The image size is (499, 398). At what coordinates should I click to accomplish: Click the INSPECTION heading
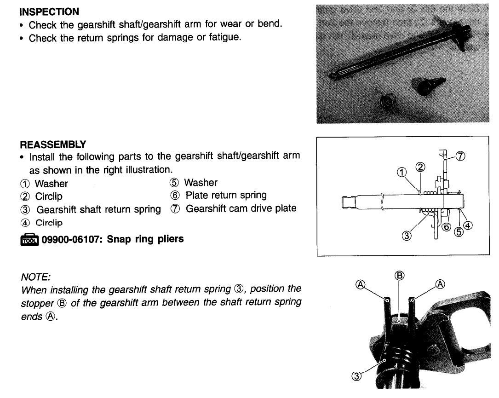(49, 12)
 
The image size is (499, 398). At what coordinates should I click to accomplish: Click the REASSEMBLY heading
(53, 144)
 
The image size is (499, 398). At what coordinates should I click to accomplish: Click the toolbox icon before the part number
(29, 239)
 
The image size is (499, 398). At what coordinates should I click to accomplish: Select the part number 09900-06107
(72, 239)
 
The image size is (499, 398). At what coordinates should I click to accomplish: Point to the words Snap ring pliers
(145, 239)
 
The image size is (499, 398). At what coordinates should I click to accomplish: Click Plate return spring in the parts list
(226, 196)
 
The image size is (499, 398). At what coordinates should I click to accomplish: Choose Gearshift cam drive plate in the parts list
(241, 208)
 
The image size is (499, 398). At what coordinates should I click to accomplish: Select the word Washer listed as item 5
(201, 183)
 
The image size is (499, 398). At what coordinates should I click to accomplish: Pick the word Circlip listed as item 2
(49, 196)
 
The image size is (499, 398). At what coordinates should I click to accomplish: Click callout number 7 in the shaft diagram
(460, 156)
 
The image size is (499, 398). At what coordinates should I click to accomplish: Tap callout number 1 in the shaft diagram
(401, 172)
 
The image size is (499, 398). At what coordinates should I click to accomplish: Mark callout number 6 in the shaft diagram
(445, 226)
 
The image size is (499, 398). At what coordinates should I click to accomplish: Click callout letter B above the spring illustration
(399, 276)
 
